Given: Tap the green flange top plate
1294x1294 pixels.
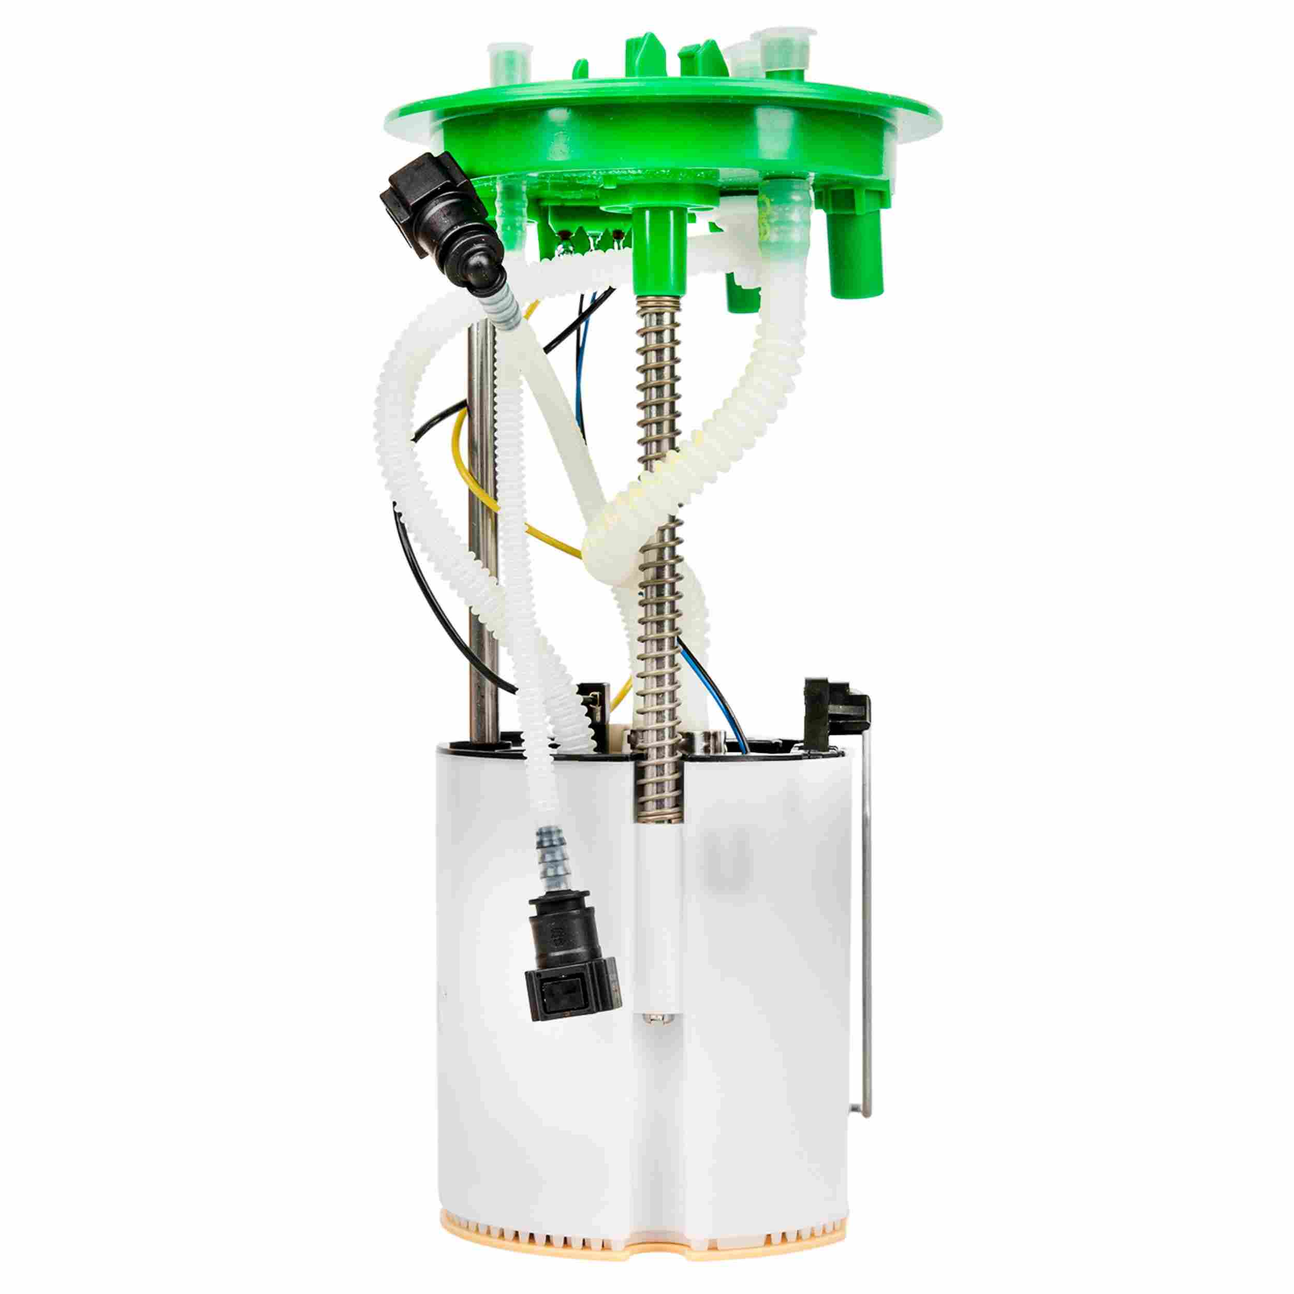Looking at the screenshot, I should (670, 107).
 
